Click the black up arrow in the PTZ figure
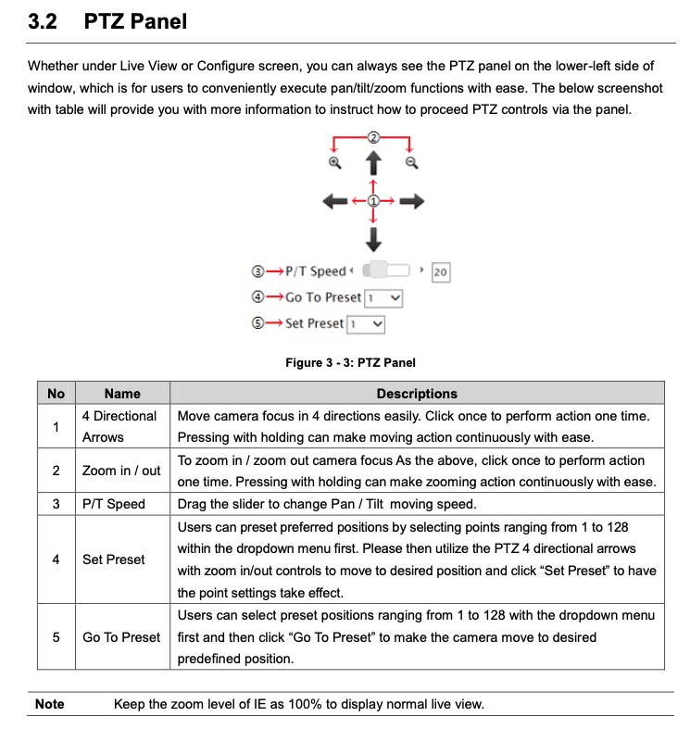[373, 165]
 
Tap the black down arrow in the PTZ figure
[373, 240]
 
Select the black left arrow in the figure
[334, 201]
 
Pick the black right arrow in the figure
[412, 201]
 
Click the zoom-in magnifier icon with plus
[335, 163]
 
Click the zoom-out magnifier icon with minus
[412, 163]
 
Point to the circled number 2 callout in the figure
[373, 136]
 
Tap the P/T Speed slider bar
[387, 270]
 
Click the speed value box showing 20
[440, 272]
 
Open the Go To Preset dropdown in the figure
[383, 298]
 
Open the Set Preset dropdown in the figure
[365, 324]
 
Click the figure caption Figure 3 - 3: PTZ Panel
[350, 363]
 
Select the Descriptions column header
[417, 394]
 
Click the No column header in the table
[56, 394]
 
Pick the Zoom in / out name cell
[121, 471]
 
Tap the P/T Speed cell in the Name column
[114, 504]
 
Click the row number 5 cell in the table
[56, 637]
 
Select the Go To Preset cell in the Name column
[121, 637]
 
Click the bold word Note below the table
[50, 704]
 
